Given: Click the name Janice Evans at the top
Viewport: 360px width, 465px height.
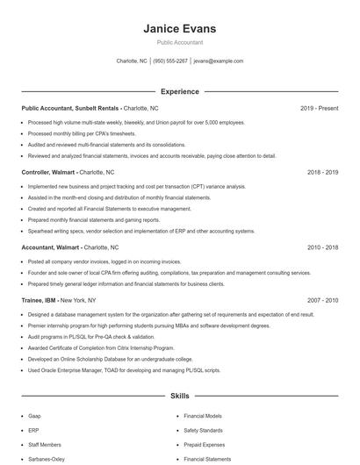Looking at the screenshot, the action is tap(179, 29).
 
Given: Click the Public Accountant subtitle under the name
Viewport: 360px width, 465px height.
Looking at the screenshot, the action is tap(179, 42).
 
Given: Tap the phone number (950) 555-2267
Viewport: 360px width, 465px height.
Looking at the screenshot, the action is tap(171, 61).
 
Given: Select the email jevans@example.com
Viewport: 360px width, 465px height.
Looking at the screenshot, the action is tap(219, 61).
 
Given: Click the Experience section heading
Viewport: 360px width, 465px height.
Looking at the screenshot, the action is tap(179, 91).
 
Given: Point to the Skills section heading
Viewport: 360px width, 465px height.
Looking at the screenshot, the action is tap(179, 397).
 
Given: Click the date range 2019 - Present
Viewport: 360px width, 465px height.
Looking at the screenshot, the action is tap(319, 108).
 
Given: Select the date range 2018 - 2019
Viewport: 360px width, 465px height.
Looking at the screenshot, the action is tap(322, 172).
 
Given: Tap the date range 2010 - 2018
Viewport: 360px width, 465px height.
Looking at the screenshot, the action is tap(322, 247).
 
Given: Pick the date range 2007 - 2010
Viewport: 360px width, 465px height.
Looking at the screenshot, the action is tap(322, 300).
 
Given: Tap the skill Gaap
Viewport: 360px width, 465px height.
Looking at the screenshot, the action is tap(35, 416).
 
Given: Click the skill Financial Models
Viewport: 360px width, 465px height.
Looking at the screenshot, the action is tap(202, 416).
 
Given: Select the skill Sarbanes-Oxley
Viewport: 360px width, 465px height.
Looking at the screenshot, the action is tap(46, 459).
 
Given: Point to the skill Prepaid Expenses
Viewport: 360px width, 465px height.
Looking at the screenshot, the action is tap(205, 445).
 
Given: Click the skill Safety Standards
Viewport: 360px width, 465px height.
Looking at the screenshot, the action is tap(204, 430).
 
